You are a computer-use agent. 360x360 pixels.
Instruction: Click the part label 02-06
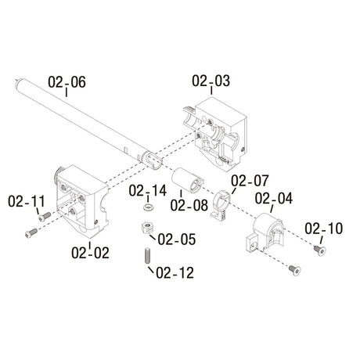click(67, 81)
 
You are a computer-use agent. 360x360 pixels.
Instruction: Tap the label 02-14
click(148, 190)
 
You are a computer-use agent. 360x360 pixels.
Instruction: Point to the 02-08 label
click(189, 207)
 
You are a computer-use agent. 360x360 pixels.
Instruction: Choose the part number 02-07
click(250, 181)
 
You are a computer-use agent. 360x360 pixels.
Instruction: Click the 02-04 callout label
click(274, 198)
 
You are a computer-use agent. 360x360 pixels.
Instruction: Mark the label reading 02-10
click(324, 229)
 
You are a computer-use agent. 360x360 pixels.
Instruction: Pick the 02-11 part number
click(27, 202)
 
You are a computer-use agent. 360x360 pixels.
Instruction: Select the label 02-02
click(90, 252)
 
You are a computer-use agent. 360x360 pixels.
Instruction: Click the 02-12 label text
click(175, 272)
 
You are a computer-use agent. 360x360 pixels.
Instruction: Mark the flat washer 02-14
click(146, 209)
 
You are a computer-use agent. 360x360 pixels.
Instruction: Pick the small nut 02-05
click(146, 229)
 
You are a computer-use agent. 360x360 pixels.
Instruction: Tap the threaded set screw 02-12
click(146, 255)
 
